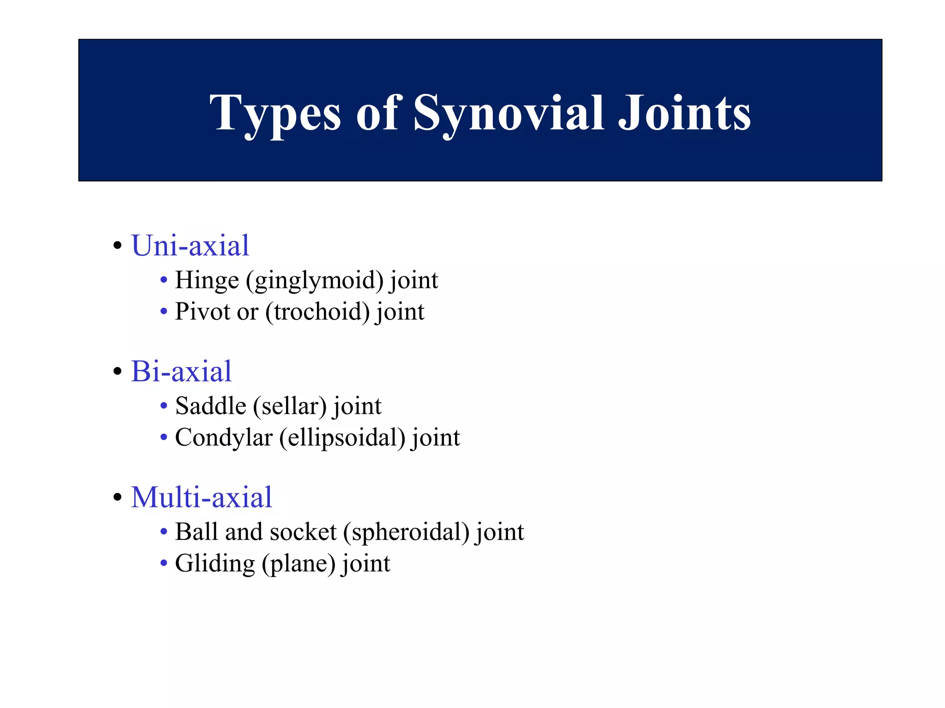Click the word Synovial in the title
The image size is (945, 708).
508,113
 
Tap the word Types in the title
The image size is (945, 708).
275,113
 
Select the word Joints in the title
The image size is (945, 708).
684,113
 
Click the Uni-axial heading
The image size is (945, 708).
190,245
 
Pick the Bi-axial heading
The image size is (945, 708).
181,371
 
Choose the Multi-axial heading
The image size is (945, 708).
202,497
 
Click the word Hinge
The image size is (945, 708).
207,280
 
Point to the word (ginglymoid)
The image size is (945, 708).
315,280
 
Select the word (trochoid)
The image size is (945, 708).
317,312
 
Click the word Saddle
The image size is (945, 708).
211,406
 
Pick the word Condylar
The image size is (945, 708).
224,437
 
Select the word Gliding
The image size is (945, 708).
215,563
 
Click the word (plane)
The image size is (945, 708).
299,563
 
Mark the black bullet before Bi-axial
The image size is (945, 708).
118,372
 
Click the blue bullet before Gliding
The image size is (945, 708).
163,563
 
